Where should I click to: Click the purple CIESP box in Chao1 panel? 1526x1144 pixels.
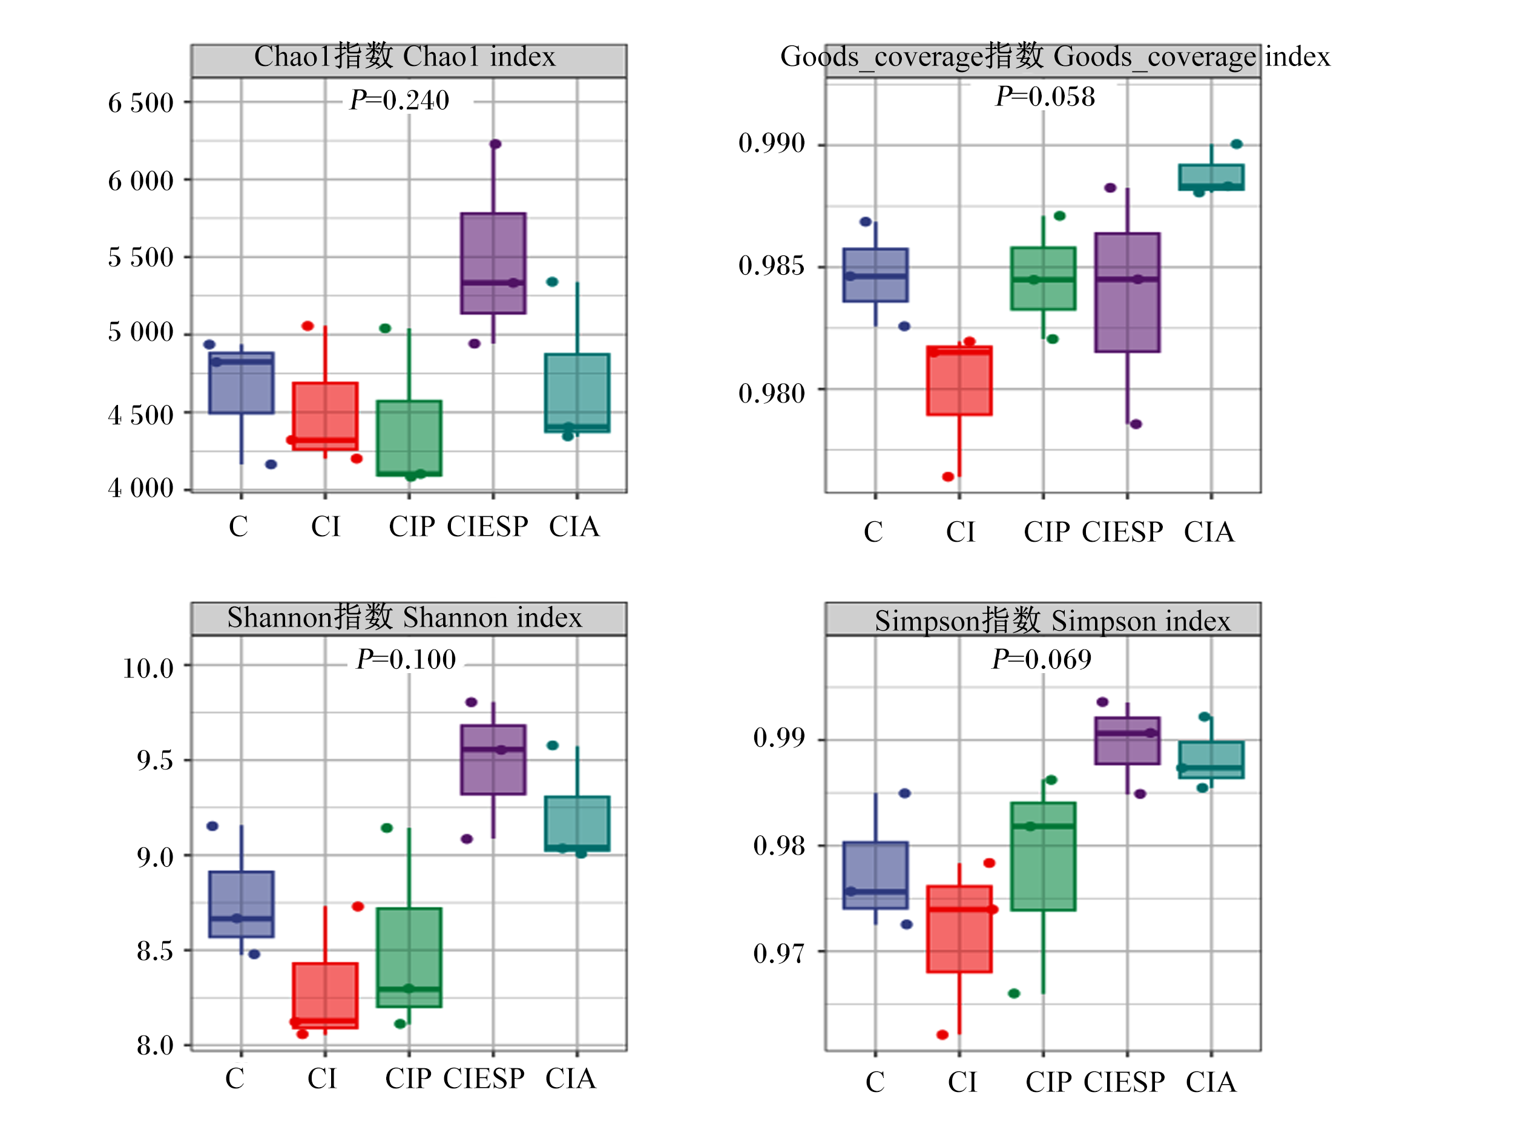493,263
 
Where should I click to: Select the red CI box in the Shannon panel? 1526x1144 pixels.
325,996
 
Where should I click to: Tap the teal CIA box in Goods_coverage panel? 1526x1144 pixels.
1211,177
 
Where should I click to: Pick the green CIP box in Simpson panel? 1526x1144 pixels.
1043,856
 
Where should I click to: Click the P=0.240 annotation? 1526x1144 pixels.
400,100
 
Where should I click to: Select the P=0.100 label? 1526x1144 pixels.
406,660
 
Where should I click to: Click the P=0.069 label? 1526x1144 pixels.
1042,660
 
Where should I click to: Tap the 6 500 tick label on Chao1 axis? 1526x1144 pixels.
140,103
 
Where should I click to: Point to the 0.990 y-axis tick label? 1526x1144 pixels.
771,143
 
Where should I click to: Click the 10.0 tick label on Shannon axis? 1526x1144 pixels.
148,668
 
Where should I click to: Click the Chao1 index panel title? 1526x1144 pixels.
405,56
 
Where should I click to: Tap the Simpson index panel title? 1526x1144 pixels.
1053,621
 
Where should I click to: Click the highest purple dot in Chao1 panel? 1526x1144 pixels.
495,144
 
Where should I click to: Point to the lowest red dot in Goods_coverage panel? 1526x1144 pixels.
948,477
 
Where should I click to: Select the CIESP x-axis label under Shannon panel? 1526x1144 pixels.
484,1079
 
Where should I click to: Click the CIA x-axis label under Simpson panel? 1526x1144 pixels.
1211,1082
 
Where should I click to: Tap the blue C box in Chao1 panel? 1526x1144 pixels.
242,383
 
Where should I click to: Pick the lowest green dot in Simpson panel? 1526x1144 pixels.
1014,993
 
